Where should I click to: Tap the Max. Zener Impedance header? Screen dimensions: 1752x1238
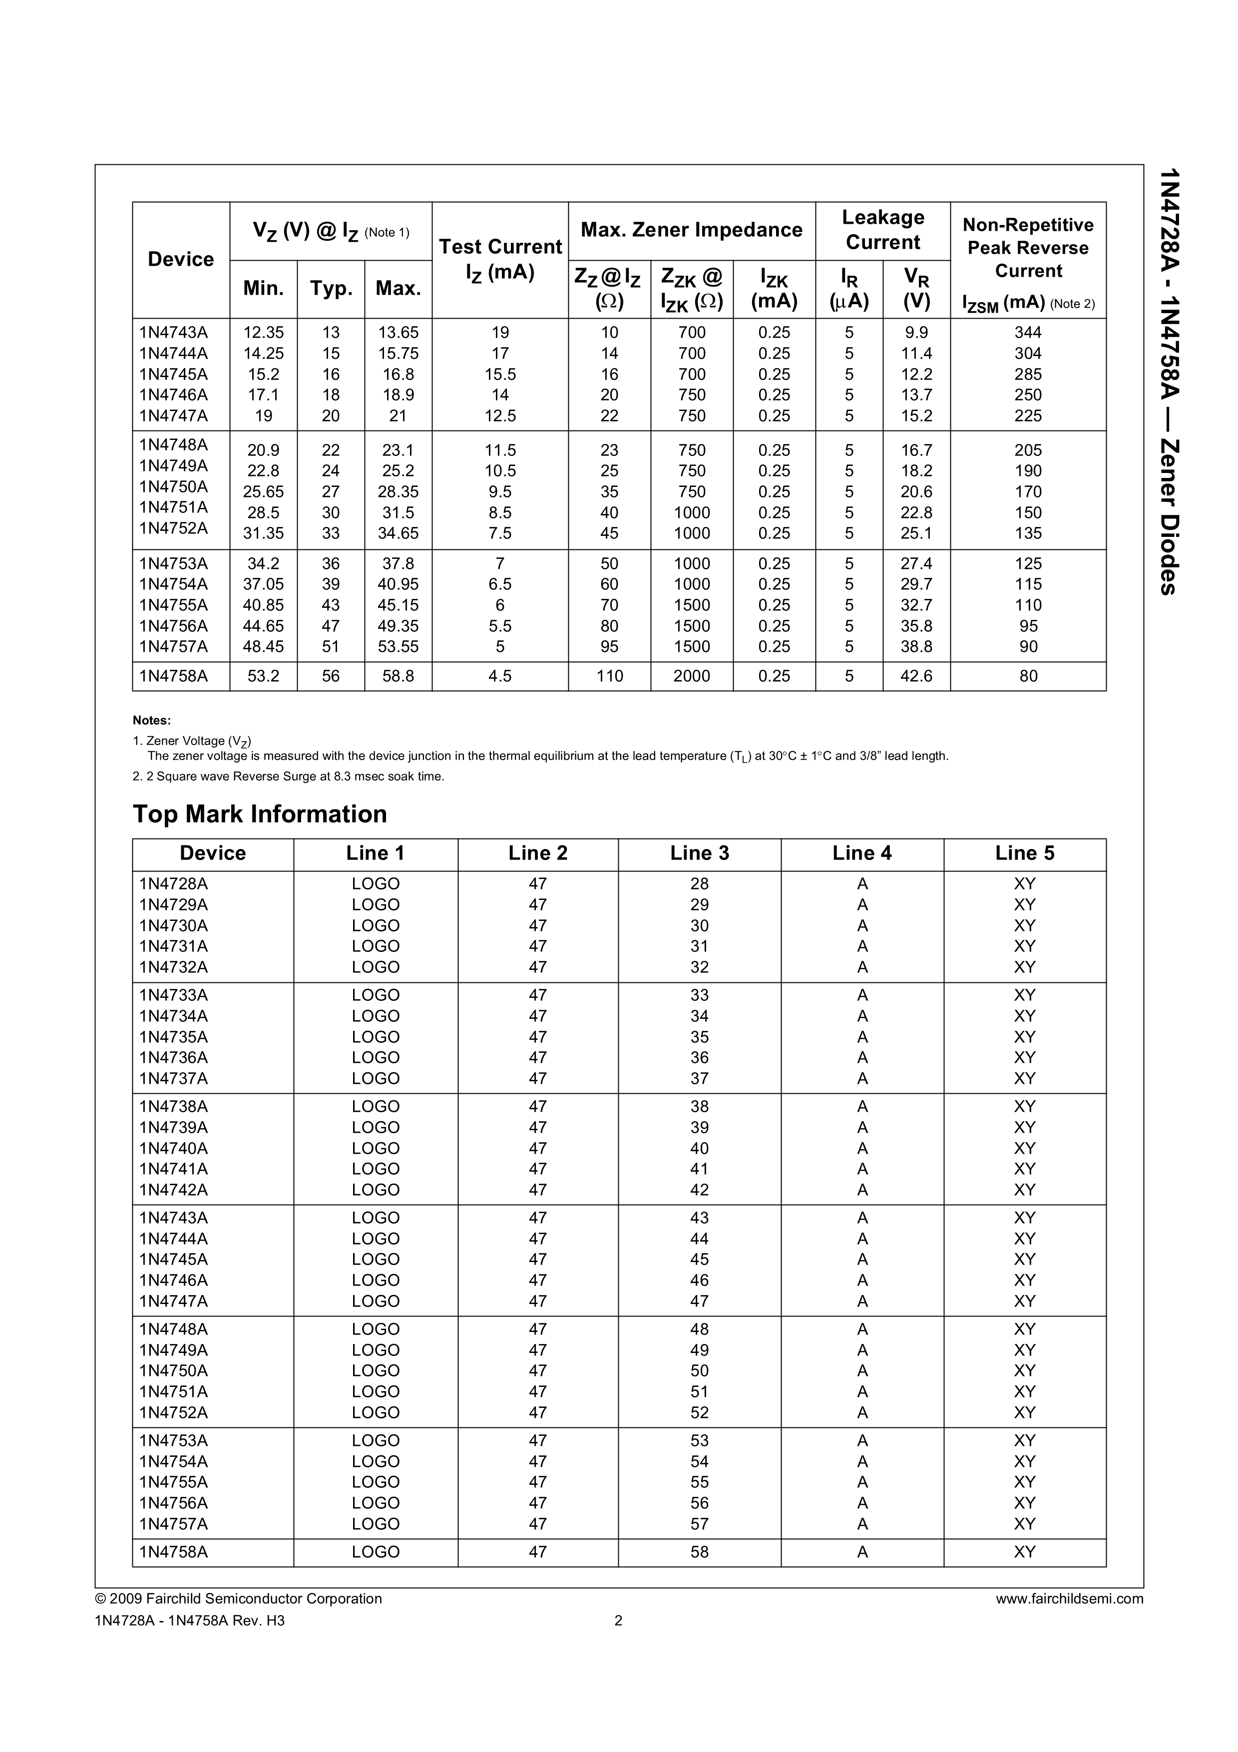[691, 230]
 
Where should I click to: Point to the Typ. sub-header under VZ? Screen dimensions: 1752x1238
[331, 289]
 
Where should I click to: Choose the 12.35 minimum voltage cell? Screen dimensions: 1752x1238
[263, 333]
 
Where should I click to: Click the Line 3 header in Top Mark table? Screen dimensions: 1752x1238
[700, 853]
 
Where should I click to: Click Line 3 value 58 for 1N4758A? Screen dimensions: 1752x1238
[700, 1552]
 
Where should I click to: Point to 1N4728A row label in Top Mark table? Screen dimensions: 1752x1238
[173, 883]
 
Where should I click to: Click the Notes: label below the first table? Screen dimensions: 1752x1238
[152, 720]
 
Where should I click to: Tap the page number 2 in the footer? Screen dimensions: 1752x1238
[619, 1621]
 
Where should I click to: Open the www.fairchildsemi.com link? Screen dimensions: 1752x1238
[1069, 1599]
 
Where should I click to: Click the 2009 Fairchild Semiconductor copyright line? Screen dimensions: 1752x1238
[238, 1599]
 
